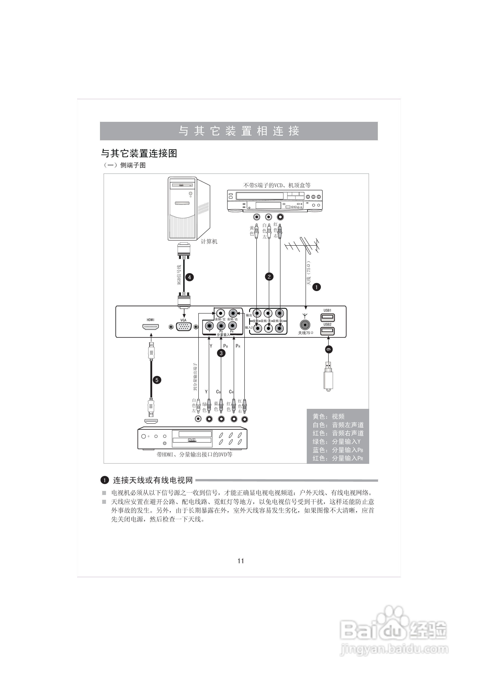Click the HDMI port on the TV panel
click(151, 327)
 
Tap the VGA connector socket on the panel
click(183, 327)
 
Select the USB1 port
click(327, 317)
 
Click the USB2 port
click(327, 331)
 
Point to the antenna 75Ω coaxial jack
click(305, 325)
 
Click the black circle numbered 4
click(189, 277)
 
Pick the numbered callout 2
click(269, 276)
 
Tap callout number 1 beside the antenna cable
click(316, 287)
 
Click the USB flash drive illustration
click(328, 377)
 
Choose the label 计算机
click(209, 241)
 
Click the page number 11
click(241, 561)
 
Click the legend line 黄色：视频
click(328, 416)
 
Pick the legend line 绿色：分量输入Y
click(336, 441)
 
